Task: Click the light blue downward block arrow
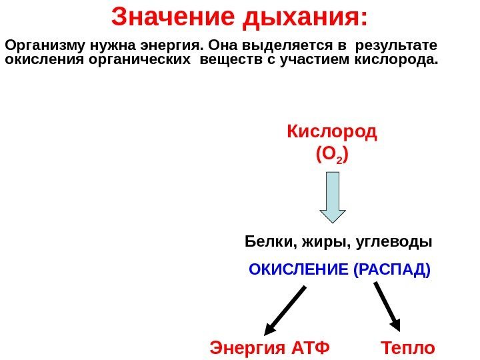[x=333, y=196]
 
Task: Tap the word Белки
[x=265, y=241]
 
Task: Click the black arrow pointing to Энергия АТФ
[x=285, y=310]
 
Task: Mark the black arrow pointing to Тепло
[x=387, y=306]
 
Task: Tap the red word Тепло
[x=408, y=347]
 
